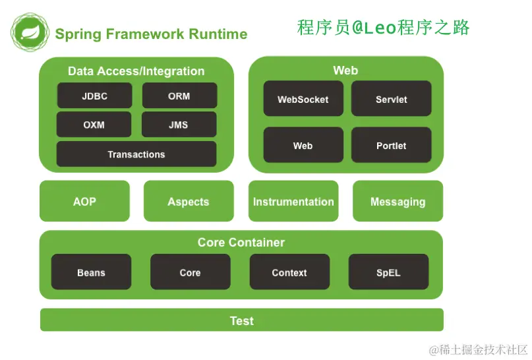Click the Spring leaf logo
coord(30,32)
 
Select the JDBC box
coord(95,96)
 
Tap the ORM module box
coord(179,96)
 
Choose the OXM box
coord(94,125)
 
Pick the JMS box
coord(179,125)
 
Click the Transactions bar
coord(136,154)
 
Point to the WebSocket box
coord(303,98)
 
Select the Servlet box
coord(391,98)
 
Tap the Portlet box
coord(391,145)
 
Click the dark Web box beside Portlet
coord(303,145)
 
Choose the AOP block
coord(84,201)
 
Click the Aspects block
coord(189,201)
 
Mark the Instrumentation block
coord(293,201)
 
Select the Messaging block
coord(398,201)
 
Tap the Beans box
coord(91,272)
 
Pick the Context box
coord(289,272)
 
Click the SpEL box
coord(388,272)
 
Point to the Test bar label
coord(241,320)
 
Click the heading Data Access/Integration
coord(136,71)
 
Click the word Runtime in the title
coord(218,34)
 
